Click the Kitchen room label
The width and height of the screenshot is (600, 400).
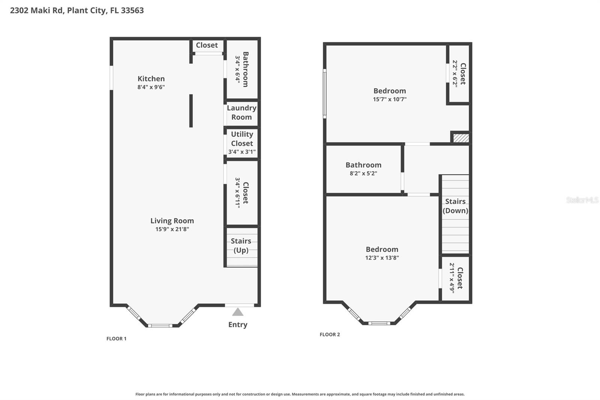[151, 79]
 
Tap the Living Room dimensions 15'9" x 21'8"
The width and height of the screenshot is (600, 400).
[172, 229]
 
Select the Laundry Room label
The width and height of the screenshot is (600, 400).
[241, 113]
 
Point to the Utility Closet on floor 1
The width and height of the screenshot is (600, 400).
[242, 143]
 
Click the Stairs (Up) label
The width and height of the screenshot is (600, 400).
[241, 246]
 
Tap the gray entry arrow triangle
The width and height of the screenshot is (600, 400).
[238, 312]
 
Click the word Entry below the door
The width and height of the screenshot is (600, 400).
[238, 325]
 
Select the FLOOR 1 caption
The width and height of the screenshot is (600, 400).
[116, 338]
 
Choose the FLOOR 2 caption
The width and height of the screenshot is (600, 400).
[330, 334]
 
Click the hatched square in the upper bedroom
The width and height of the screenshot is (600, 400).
[461, 138]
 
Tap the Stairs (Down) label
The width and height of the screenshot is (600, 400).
[455, 206]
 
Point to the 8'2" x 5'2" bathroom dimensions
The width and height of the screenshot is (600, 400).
[363, 173]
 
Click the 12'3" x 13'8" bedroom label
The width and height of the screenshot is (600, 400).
[382, 257]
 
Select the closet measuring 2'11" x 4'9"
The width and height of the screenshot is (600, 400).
[456, 278]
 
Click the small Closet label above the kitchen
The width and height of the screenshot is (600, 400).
[207, 45]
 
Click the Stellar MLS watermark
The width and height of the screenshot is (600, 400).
[582, 200]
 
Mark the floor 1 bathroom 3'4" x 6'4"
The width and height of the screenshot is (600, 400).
[242, 69]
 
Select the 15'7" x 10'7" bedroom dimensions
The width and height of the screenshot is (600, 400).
[390, 99]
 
